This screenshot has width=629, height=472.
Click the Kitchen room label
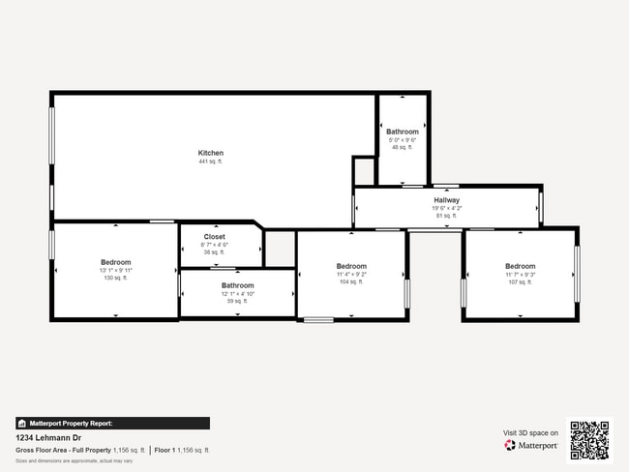[x=211, y=153]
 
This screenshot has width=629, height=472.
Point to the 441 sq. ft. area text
[x=211, y=162]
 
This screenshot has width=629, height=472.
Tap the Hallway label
[x=446, y=200]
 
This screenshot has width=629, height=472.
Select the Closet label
[x=214, y=236]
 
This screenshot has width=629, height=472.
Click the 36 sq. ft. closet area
[x=214, y=251]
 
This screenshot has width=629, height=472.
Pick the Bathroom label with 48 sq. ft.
[x=403, y=132]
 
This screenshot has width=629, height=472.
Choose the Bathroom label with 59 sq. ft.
[x=237, y=285]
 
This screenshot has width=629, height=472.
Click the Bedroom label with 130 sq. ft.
[x=115, y=262]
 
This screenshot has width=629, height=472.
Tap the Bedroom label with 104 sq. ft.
[x=351, y=266]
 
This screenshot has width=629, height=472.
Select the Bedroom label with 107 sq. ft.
[x=520, y=266]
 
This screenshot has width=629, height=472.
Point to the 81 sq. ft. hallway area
[x=446, y=216]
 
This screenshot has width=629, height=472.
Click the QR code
[x=589, y=440]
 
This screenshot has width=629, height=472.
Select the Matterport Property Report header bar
[x=112, y=423]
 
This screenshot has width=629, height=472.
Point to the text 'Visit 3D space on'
[x=531, y=433]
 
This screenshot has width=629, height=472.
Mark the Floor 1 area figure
[x=182, y=451]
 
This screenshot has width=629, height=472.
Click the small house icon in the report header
[x=21, y=424]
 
